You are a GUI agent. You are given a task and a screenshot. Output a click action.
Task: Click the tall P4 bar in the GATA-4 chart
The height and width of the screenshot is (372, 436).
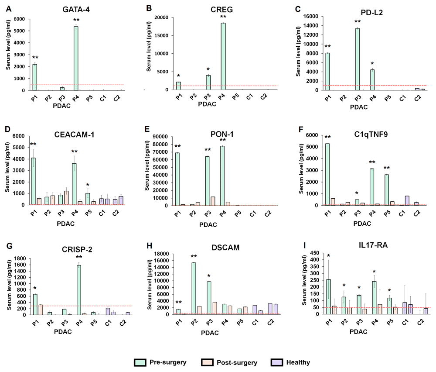pos(76,58)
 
